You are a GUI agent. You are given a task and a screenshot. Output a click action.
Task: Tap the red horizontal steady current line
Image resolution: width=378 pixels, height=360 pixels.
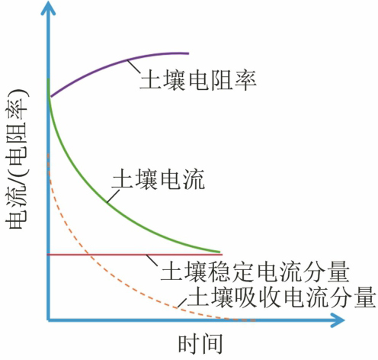pos(135,254)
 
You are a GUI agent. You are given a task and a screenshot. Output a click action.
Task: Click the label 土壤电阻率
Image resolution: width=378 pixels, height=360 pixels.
pos(198,80)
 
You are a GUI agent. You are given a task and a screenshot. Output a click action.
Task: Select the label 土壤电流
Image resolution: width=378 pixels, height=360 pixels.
pos(158,178)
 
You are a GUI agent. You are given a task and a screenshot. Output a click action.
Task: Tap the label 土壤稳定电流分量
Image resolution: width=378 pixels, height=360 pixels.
pos(255,271)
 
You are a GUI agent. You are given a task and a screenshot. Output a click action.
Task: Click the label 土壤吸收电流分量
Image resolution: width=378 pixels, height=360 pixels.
pos(281,296)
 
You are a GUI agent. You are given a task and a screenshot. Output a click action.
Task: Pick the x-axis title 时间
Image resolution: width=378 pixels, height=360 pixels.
pos(200,343)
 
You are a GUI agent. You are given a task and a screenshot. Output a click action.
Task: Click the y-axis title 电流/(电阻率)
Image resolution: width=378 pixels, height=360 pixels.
pos(17,159)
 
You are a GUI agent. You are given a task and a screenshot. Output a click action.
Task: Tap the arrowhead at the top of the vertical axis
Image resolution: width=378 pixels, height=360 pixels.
pos(48,8)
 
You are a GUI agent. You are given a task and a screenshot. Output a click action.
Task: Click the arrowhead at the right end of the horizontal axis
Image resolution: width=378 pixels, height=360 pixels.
pos(338,320)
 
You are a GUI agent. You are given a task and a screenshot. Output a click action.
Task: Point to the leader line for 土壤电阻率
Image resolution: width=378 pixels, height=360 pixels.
pos(133,66)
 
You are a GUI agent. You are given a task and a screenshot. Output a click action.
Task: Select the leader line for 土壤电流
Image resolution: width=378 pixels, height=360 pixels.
pos(113,196)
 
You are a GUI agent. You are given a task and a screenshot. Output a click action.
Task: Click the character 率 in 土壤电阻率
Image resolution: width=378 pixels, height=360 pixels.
pos(245,80)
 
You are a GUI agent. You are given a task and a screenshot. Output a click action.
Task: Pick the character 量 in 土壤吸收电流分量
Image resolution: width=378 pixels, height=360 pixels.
pos(365,297)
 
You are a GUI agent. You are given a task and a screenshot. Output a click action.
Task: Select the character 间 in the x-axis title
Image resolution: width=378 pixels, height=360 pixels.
pos(212,343)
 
